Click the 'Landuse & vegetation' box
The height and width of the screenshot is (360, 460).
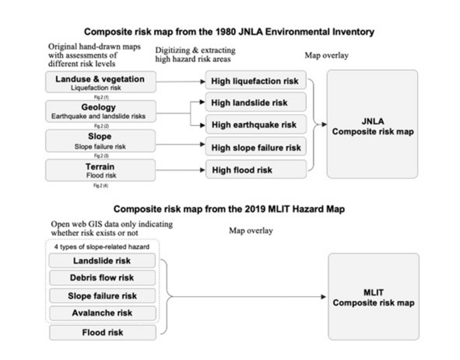(x=101, y=83)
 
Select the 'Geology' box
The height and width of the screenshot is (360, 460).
(x=101, y=110)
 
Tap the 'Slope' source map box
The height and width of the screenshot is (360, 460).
(x=101, y=141)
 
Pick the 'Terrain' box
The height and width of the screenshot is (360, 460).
(x=101, y=170)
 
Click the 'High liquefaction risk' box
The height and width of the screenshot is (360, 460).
(x=256, y=82)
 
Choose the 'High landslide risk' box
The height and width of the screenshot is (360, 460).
(x=256, y=103)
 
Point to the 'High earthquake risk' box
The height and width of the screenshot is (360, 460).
(x=256, y=125)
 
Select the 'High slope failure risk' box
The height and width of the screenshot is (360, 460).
(x=256, y=148)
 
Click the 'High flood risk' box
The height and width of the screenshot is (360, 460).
(x=256, y=171)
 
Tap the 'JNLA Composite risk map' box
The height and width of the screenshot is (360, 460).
(x=372, y=125)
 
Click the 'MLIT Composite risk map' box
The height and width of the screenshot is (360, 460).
(x=372, y=297)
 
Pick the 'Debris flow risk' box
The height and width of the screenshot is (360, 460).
(x=102, y=278)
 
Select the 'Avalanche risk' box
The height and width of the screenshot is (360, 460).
(x=102, y=313)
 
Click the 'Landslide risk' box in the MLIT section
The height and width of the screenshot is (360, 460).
(x=102, y=261)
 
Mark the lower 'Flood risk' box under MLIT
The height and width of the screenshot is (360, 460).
(x=102, y=332)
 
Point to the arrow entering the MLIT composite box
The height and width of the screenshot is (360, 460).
(x=250, y=297)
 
